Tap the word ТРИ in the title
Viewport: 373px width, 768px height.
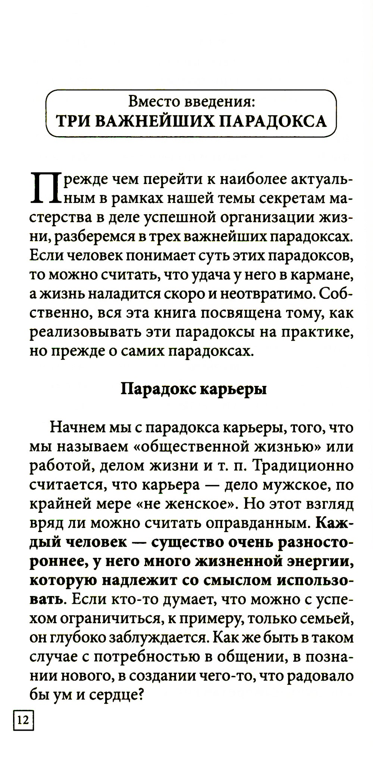click(71, 122)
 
